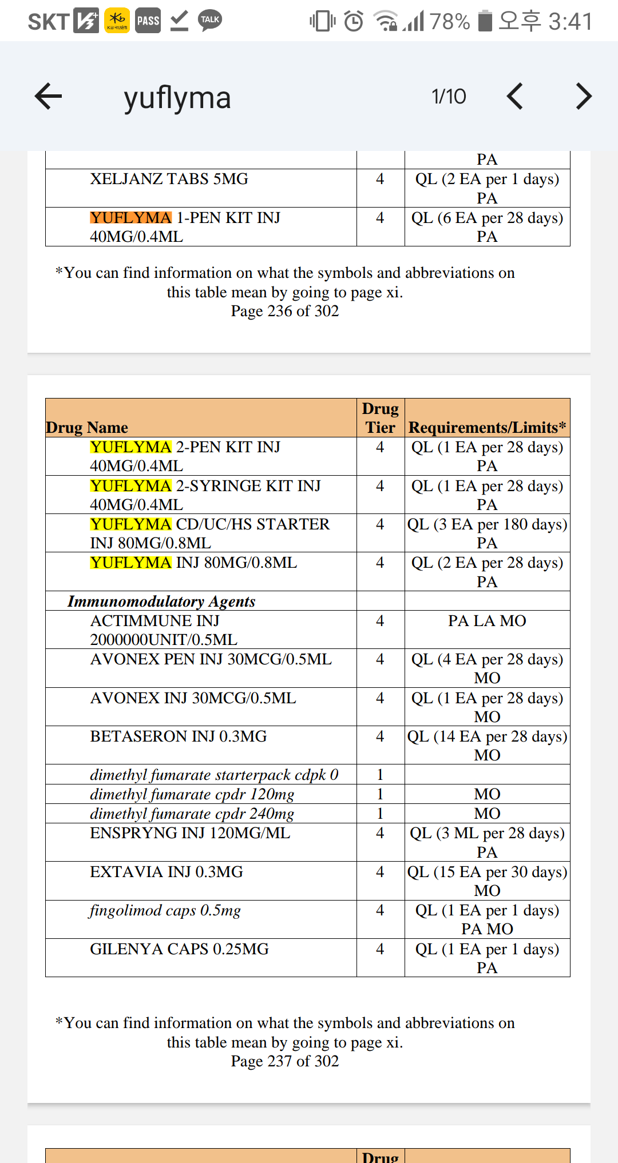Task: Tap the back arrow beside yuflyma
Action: click(x=48, y=96)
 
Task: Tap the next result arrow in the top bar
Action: click(x=583, y=96)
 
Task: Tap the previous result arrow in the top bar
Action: click(x=515, y=96)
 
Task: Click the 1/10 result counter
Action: click(x=449, y=97)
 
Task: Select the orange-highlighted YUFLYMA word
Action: click(x=130, y=218)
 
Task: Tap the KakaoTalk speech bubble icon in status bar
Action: click(x=210, y=21)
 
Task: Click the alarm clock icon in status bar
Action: click(x=354, y=21)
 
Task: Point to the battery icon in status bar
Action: click(x=485, y=21)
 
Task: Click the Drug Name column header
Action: click(x=87, y=428)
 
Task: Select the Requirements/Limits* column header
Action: click(x=487, y=428)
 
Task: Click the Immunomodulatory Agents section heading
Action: click(x=161, y=602)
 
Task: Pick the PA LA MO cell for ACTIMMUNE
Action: click(x=487, y=621)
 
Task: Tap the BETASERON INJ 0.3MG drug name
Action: click(x=179, y=736)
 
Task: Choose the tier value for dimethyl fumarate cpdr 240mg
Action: click(x=380, y=814)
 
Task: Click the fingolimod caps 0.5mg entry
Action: click(x=165, y=910)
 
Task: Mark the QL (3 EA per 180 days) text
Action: click(x=487, y=524)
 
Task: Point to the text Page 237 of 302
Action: click(x=285, y=1061)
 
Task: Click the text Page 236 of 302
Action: click(x=285, y=311)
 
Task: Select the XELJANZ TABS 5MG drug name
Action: click(x=169, y=179)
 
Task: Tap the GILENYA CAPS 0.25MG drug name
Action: click(x=179, y=949)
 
